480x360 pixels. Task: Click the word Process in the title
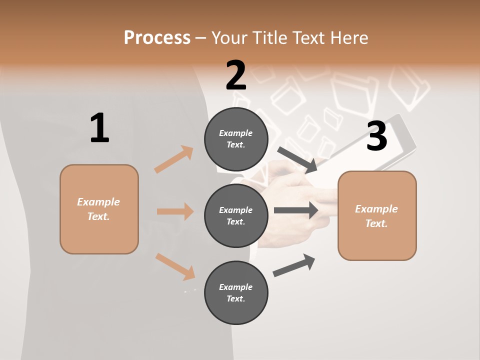157,37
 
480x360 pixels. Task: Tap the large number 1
99,128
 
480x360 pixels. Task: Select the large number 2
236,75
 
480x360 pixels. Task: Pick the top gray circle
236,139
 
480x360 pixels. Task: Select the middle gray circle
236,216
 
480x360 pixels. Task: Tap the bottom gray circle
236,293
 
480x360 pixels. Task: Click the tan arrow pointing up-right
174,159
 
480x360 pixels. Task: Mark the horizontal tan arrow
175,211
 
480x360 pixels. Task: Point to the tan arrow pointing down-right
175,266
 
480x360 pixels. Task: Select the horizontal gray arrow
296,210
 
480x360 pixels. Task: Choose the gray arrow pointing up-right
294,265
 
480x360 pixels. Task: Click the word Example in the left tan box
98,202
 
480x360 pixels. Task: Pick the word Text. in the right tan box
376,223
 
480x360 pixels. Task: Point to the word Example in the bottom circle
236,287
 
